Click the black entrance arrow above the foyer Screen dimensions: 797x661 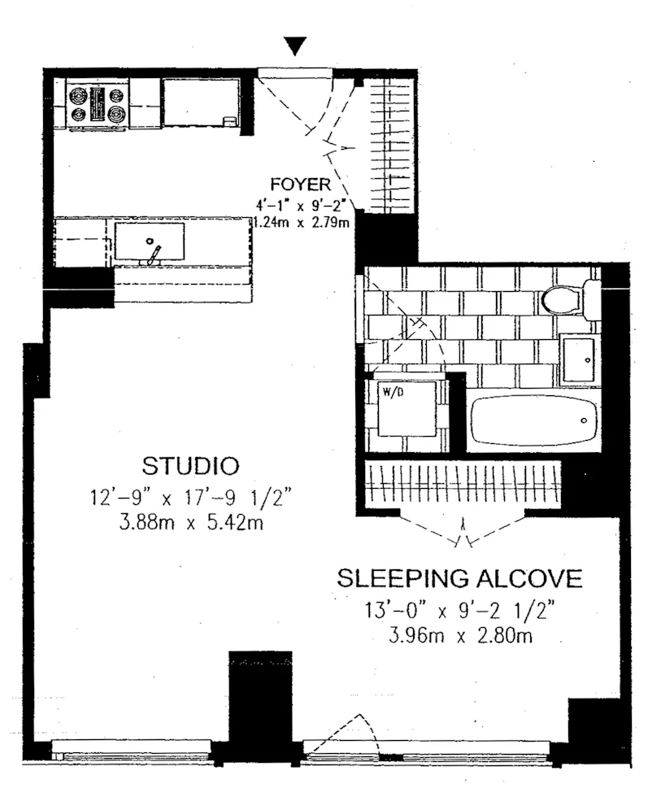[298, 46]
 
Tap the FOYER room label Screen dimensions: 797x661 [301, 185]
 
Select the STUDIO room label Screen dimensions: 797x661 [191, 467]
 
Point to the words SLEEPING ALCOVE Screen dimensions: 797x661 [460, 579]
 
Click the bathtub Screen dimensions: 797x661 [533, 420]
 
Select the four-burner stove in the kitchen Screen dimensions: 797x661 [98, 105]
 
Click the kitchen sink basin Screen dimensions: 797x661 [149, 241]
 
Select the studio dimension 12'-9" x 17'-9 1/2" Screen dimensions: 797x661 [191, 496]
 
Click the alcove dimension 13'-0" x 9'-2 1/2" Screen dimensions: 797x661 [460, 608]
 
